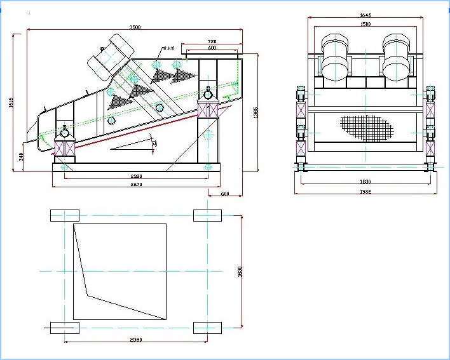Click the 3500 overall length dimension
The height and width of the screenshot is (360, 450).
pyautogui.click(x=135, y=27)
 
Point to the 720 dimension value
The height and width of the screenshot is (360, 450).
pyautogui.click(x=212, y=42)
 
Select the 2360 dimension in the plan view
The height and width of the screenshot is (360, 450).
pyautogui.click(x=136, y=340)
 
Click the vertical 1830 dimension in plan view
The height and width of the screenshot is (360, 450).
pyautogui.click(x=240, y=270)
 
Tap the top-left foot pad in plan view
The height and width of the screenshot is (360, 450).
pyautogui.click(x=65, y=215)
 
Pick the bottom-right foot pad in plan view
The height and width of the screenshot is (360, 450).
pyautogui.click(x=208, y=327)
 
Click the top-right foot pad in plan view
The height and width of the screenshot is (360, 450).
pyautogui.click(x=208, y=215)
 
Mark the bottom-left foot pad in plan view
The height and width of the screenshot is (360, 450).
pyautogui.click(x=65, y=327)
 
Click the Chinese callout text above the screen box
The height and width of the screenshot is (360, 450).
pyautogui.click(x=169, y=48)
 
